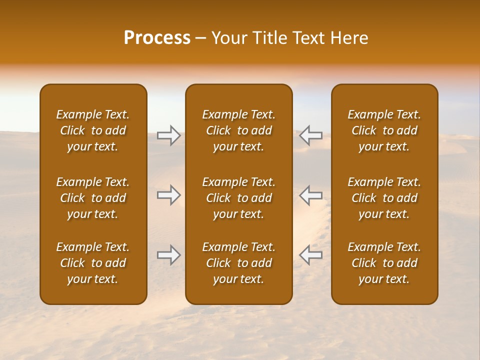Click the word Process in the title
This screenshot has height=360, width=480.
coord(157,38)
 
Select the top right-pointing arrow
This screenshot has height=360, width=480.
coord(168,135)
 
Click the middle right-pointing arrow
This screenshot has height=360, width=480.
coord(168,195)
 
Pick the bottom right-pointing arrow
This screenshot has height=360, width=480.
coord(168,255)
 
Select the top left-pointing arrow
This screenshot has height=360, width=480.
coord(310,135)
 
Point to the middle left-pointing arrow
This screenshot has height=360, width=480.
coord(310,195)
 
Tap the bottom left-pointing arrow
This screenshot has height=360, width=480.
coord(310,255)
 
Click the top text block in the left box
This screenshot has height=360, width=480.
coord(93,130)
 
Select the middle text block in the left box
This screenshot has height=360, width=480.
coord(93,198)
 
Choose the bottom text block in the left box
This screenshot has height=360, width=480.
coord(93,263)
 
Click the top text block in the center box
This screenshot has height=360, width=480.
coord(238,130)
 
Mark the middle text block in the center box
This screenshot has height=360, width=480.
coord(238,198)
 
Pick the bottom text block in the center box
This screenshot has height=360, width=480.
coord(238,263)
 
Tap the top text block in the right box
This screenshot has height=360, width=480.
coord(384,130)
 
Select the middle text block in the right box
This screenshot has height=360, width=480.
coord(384,198)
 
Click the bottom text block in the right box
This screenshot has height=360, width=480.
coord(384,263)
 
